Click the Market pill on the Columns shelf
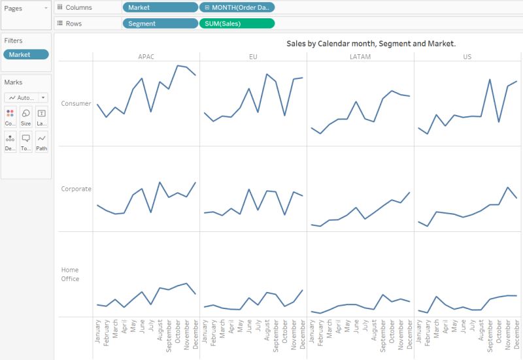coord(160,7)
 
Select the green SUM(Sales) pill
coord(236,24)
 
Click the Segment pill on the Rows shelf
coord(160,24)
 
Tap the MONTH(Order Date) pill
coord(236,7)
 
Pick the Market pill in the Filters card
coord(25,55)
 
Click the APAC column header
coord(146,57)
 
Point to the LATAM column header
coord(360,57)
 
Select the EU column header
coord(253,57)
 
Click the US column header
coord(467,57)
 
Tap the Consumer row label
coord(76,103)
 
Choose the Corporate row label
coord(76,189)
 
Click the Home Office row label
coord(70,274)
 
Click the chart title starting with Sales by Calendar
coord(371,44)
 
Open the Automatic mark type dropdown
coord(25,97)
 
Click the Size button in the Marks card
coord(25,116)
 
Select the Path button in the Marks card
coord(42,142)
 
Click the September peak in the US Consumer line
coord(490,80)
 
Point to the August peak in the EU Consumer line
coord(267,74)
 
